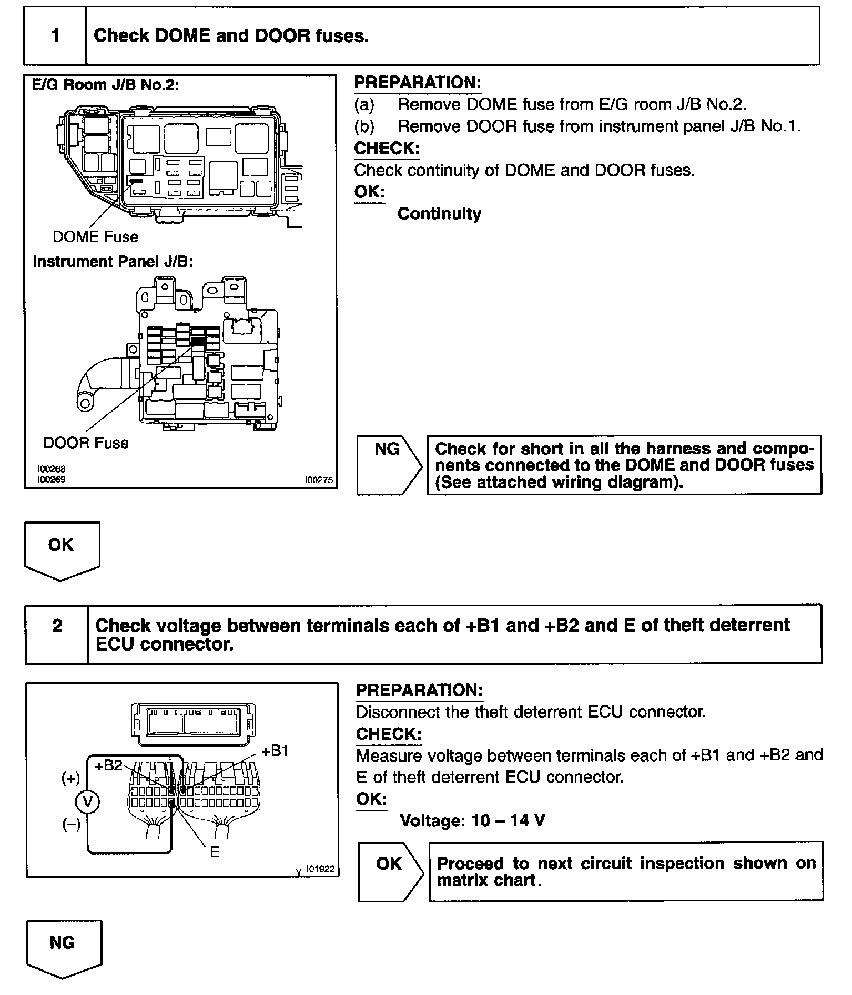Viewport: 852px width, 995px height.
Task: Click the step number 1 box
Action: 55,36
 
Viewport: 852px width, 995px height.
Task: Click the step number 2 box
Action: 57,633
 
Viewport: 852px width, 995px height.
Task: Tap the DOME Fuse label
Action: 95,237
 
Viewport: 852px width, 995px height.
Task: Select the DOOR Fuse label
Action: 85,443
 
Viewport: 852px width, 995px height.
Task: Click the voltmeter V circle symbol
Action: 87,801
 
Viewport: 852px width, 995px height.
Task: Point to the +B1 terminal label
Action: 275,751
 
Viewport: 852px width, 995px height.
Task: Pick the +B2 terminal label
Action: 109,765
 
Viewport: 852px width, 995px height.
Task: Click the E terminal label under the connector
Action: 215,852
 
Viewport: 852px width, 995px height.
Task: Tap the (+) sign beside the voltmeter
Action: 70,779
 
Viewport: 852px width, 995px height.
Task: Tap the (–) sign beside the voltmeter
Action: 71,824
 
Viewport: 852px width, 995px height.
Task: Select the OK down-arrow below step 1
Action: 62,549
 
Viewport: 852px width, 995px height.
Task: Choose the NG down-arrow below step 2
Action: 63,948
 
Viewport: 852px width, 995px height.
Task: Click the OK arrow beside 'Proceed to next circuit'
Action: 390,871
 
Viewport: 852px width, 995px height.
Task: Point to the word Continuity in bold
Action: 439,214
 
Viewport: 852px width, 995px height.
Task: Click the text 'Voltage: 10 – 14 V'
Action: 473,820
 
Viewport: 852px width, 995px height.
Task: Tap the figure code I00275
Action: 319,480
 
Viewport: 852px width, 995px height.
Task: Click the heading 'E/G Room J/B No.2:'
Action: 105,85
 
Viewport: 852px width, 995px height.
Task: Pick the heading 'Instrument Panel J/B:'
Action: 113,261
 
